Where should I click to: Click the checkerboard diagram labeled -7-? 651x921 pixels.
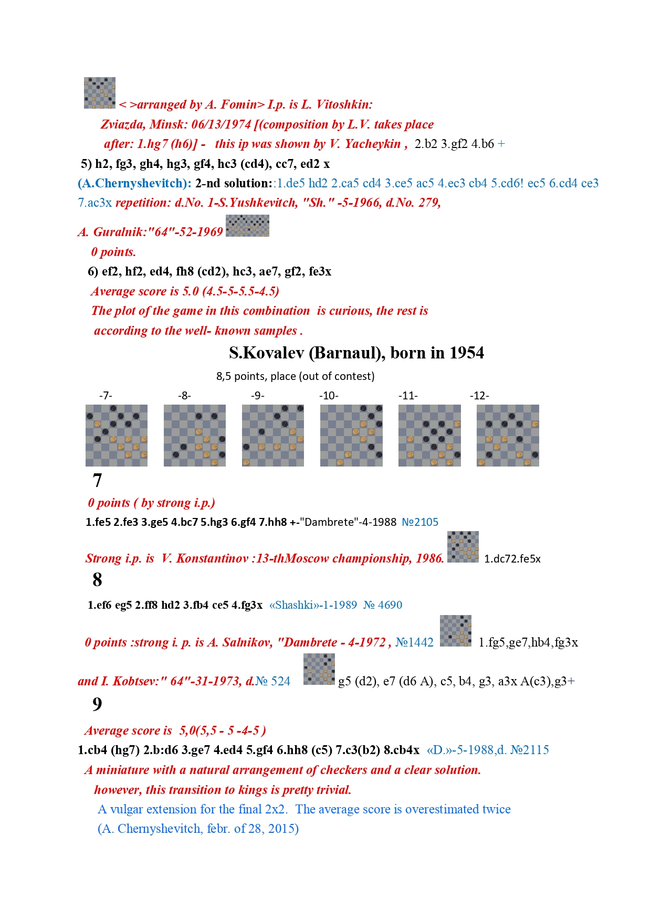117,436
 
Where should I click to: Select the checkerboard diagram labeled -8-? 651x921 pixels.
195,436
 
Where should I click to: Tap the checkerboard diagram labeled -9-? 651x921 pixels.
273,436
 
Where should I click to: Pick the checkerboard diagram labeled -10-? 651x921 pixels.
351,436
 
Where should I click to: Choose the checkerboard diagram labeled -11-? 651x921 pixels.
429,436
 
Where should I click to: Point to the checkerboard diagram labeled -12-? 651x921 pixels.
508,436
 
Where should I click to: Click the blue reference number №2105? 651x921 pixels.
420,522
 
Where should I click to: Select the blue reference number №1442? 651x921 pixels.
414,642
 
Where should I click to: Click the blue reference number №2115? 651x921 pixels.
530,750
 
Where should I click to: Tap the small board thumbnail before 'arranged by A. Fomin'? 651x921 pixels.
100,93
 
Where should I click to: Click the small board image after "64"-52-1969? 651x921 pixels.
247,226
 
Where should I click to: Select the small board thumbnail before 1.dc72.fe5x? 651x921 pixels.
463,547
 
